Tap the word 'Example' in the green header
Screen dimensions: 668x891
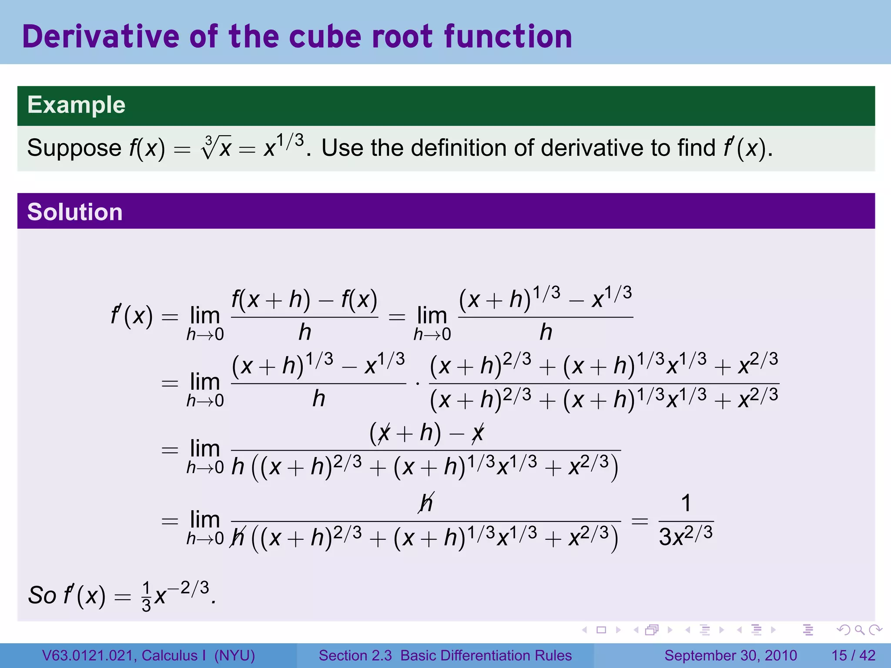pyautogui.click(x=76, y=105)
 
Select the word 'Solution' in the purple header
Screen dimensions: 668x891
pyautogui.click(x=75, y=212)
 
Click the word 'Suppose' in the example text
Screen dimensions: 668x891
pyautogui.click(x=74, y=148)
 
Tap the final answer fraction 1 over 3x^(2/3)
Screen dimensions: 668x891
pyautogui.click(x=686, y=521)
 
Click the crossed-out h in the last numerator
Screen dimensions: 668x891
pyautogui.click(x=426, y=503)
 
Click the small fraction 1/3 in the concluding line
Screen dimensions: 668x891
pyautogui.click(x=147, y=597)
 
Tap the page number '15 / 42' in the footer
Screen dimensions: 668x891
pyautogui.click(x=853, y=655)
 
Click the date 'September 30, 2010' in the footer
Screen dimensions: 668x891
pyautogui.click(x=730, y=655)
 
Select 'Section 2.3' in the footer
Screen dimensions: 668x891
pyautogui.click(x=355, y=655)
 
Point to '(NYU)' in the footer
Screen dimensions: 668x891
pyautogui.click(x=234, y=655)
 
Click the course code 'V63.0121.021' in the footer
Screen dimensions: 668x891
pyautogui.click(x=89, y=655)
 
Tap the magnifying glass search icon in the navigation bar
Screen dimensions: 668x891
pyautogui.click(x=859, y=630)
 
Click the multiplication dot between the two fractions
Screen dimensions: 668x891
pyautogui.click(x=418, y=384)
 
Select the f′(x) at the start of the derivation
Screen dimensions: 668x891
pyautogui.click(x=132, y=316)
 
